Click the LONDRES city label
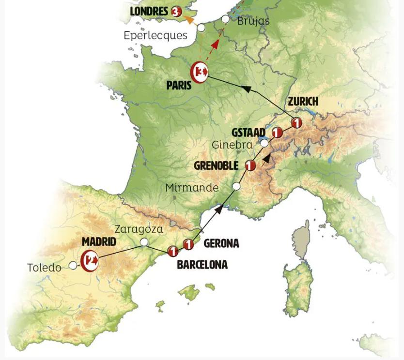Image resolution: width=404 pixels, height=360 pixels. click(x=149, y=11)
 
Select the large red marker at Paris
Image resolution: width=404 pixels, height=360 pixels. click(x=200, y=73)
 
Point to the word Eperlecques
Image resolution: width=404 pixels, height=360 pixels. click(x=155, y=35)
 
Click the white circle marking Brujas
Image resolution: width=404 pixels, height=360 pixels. click(x=225, y=19)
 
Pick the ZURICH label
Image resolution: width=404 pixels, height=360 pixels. click(x=303, y=101)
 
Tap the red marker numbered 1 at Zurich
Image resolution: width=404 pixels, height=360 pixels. click(x=296, y=123)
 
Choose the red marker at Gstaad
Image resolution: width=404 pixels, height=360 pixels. click(x=277, y=132)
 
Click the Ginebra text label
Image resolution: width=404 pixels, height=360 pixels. click(x=232, y=145)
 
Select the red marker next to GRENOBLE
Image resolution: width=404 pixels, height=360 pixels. click(x=250, y=165)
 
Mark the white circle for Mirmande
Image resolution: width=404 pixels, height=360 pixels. click(x=236, y=186)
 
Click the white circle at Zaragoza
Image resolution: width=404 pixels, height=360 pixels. click(x=143, y=242)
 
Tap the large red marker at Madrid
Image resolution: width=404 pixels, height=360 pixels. click(x=90, y=261)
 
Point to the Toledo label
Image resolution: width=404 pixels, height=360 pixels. click(x=44, y=268)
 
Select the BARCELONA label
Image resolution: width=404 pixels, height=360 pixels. click(x=202, y=265)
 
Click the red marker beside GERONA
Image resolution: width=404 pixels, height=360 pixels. click(x=188, y=244)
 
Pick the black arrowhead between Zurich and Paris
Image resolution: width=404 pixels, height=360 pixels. click(x=246, y=88)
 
